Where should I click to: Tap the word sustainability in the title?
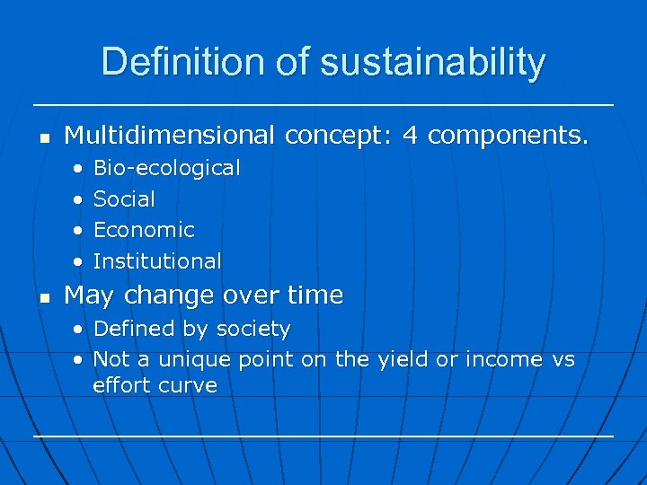point(432,63)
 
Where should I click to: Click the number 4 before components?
point(411,136)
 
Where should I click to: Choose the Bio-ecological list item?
point(166,168)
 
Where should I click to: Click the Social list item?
point(124,199)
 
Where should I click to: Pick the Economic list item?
point(144,230)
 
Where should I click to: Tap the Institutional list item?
point(157,261)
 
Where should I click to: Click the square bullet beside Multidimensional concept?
point(42,137)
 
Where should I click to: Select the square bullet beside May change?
point(42,297)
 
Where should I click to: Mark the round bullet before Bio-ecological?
point(80,169)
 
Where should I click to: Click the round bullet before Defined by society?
point(80,330)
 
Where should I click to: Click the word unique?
point(195,359)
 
